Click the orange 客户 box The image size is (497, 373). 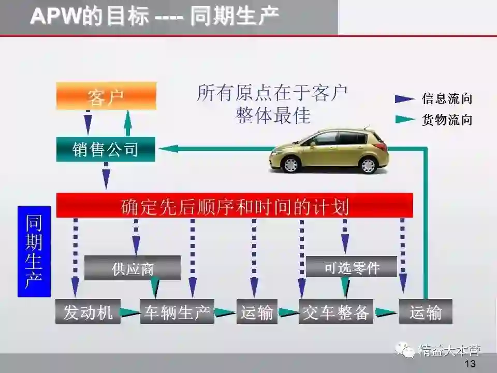pyautogui.click(x=106, y=96)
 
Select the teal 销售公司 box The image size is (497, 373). pyautogui.click(x=106, y=150)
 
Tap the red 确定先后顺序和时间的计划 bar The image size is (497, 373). pyautogui.click(x=235, y=206)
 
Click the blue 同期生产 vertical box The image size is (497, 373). pyautogui.click(x=34, y=252)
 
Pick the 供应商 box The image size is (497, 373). pyautogui.click(x=133, y=268)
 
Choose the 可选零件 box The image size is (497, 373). pyautogui.click(x=352, y=267)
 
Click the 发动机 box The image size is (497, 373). pyautogui.click(x=88, y=312)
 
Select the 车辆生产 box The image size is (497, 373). pyautogui.click(x=177, y=312)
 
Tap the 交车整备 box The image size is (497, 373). pyautogui.click(x=336, y=312)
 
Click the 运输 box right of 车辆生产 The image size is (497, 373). pyautogui.click(x=257, y=312)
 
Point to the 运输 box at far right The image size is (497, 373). pyautogui.click(x=425, y=312)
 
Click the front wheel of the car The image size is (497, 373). pyautogui.click(x=291, y=164)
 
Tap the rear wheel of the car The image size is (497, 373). pyautogui.click(x=368, y=165)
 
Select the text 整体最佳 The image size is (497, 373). pyautogui.click(x=273, y=115)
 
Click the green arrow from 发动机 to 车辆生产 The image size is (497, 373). pyautogui.click(x=130, y=312)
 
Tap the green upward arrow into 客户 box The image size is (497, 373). pyautogui.click(x=128, y=123)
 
